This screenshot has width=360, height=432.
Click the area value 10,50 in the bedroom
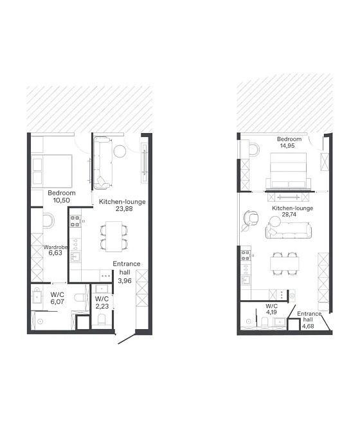(62, 201)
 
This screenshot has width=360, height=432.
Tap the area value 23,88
(124, 209)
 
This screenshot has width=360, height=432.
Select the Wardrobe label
(55, 247)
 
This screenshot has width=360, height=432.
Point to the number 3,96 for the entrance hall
(125, 281)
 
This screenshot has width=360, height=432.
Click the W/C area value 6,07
(57, 301)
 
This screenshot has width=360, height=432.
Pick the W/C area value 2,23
(102, 306)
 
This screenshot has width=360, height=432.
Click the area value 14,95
(287, 146)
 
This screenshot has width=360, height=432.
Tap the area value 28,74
(289, 214)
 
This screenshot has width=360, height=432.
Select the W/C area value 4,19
(271, 312)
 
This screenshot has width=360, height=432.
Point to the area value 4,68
(308, 326)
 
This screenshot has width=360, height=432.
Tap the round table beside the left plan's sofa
(120, 151)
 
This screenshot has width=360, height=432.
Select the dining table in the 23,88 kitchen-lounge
(114, 237)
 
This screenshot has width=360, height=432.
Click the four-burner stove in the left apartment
(75, 221)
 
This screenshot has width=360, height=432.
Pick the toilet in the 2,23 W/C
(102, 319)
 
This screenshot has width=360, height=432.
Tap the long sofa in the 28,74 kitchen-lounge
(289, 231)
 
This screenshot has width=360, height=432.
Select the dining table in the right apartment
(285, 264)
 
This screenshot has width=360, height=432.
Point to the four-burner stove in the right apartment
(246, 256)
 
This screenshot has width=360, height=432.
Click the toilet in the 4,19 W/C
(265, 322)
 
